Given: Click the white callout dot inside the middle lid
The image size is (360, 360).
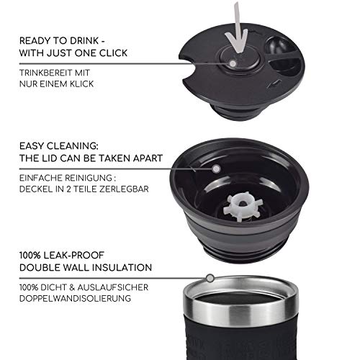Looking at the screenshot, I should point(216,167).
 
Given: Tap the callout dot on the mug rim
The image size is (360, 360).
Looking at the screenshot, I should point(210,277).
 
